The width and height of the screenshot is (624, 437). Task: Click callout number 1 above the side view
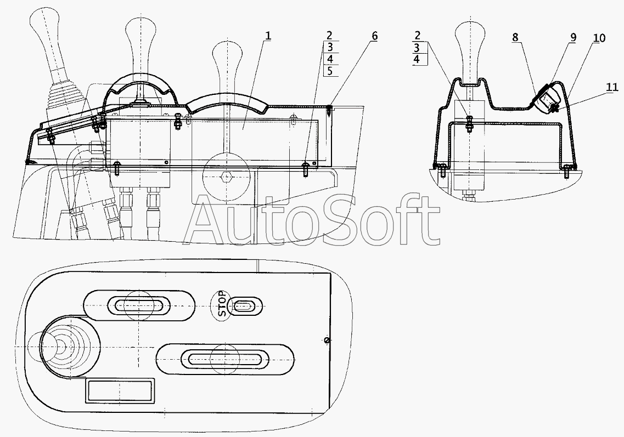coord(268,36)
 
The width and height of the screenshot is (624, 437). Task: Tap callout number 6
coord(374,36)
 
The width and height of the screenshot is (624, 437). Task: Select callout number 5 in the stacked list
coord(330,71)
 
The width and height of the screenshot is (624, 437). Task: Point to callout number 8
coord(515,38)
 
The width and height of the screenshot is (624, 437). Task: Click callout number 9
coord(573,38)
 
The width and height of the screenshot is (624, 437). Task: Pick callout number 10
coord(599,38)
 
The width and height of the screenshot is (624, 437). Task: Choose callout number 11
coord(612,87)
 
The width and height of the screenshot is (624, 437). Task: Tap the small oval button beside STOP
coord(243,306)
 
